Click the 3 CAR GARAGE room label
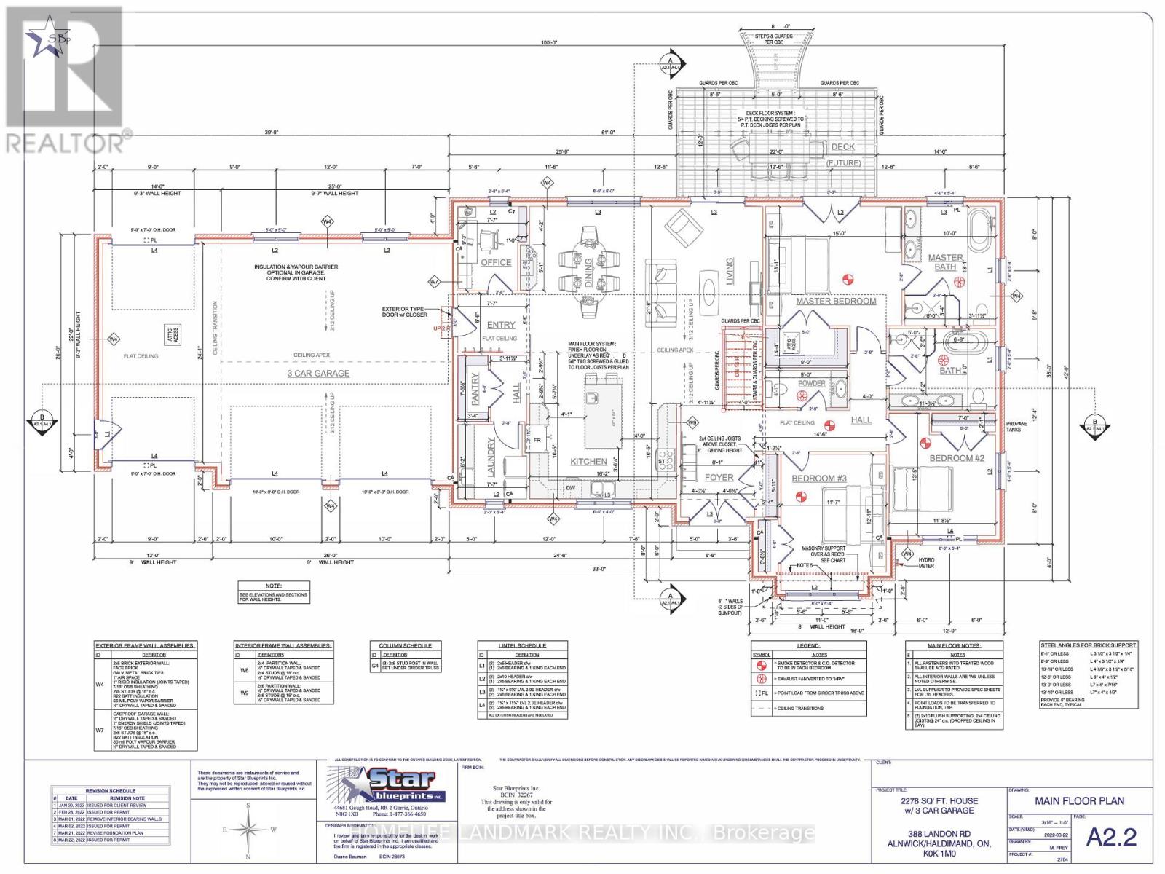(317, 373)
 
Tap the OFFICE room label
(496, 262)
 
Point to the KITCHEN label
(588, 461)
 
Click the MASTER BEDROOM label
(836, 301)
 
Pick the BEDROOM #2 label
(957, 458)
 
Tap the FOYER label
(719, 478)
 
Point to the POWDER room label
(812, 383)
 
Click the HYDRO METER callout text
(926, 562)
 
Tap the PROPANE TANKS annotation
(1016, 426)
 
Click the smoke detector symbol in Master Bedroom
(847, 277)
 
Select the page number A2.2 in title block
(1111, 837)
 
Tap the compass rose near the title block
(249, 830)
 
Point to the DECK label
(843, 146)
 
